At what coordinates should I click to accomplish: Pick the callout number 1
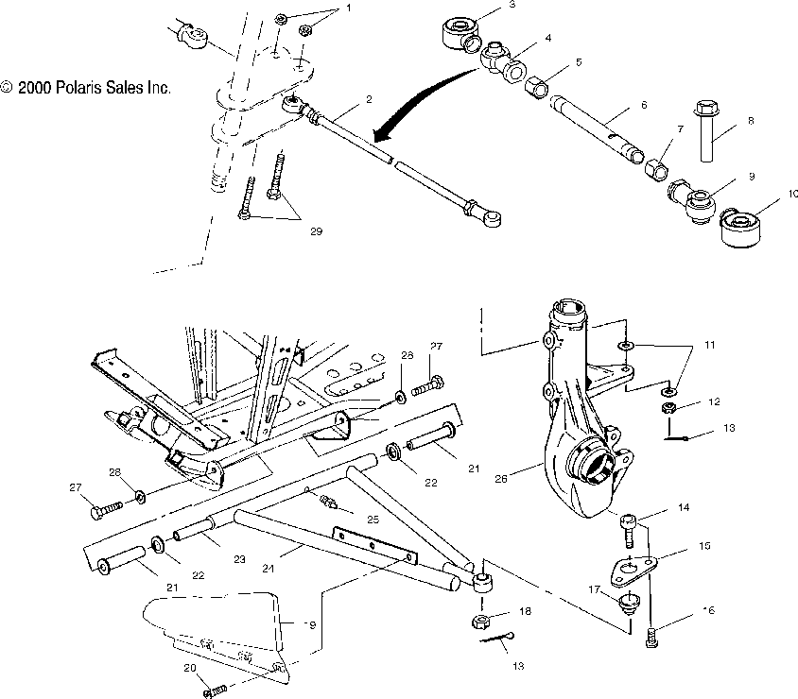(321, 8)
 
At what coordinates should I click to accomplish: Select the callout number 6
(643, 105)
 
